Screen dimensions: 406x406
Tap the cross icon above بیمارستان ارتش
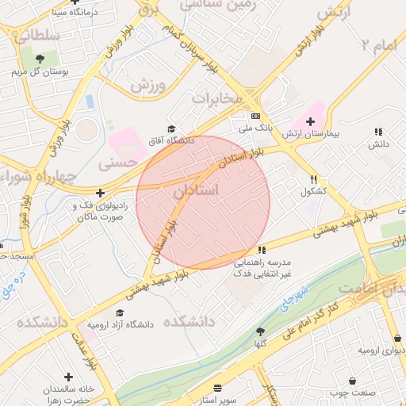point(311,122)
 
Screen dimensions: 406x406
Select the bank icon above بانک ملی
point(254,115)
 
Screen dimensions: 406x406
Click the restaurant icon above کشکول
point(314,180)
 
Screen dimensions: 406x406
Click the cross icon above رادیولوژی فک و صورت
point(100,193)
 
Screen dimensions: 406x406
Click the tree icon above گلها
point(260,332)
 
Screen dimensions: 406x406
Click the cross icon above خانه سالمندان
point(68,377)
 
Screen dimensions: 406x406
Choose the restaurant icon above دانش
point(377,132)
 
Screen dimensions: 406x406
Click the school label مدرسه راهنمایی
point(262,262)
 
